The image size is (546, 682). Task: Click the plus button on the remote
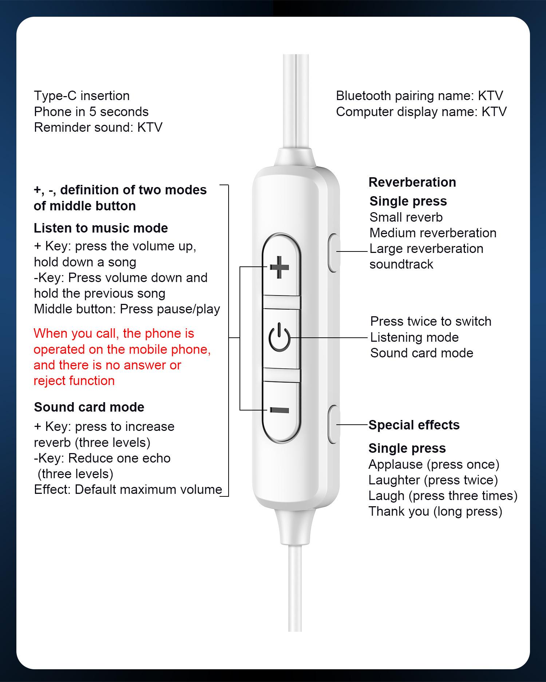[x=280, y=267]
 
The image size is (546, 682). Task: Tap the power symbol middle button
[x=280, y=338]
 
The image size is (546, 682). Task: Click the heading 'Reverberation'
[x=412, y=182]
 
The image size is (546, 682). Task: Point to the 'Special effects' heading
[x=414, y=425]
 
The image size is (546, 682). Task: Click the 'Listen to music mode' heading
[x=101, y=228]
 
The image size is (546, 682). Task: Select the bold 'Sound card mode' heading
[x=89, y=407]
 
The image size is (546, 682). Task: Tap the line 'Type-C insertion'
[x=82, y=96]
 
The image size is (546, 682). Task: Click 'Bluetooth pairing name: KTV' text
[x=419, y=96]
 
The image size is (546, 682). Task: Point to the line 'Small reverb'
[x=406, y=217]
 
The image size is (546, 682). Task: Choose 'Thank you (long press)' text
[x=435, y=511]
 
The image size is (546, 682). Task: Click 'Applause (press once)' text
[x=434, y=464]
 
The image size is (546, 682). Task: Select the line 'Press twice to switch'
[x=431, y=321]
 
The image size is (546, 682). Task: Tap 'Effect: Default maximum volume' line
[x=128, y=489]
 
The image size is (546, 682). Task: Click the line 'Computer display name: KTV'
[x=421, y=112]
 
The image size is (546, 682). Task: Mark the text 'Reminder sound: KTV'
[x=98, y=127]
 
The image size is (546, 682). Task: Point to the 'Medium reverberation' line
[x=433, y=233]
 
